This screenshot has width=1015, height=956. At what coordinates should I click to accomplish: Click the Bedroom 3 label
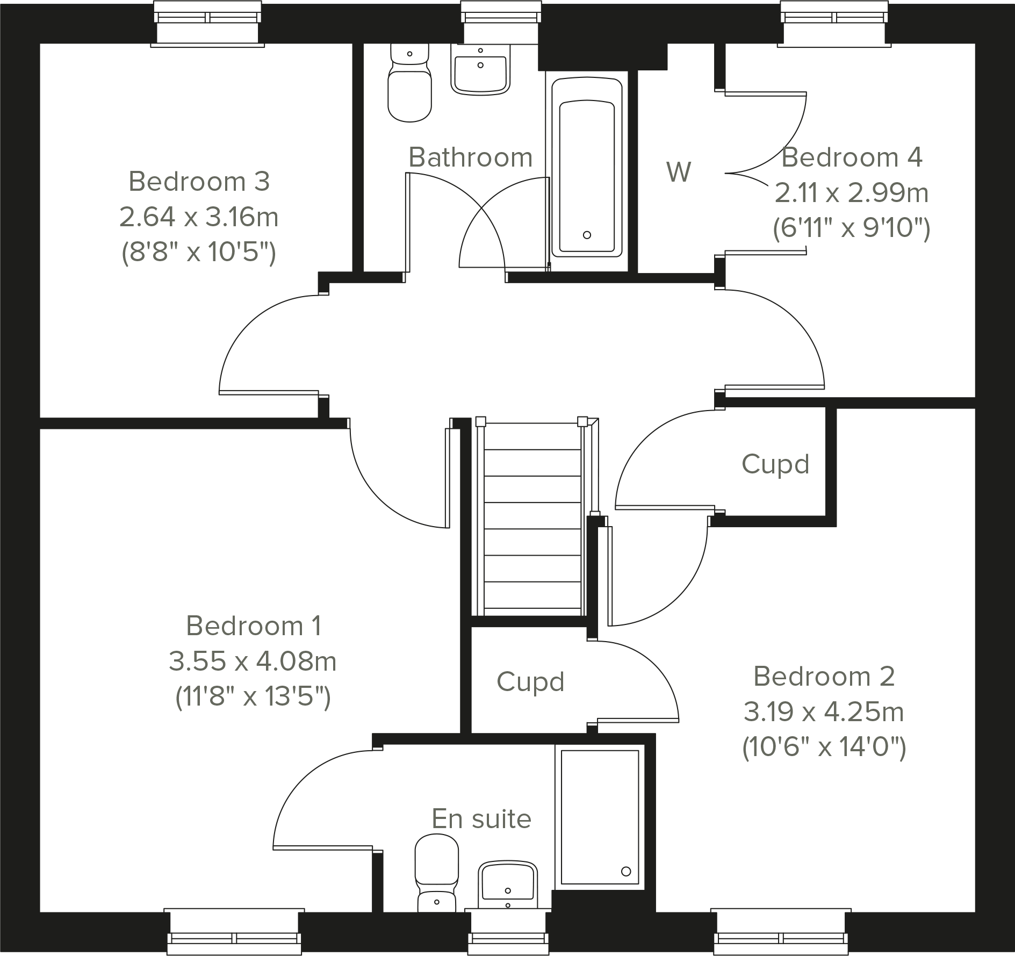coord(199,182)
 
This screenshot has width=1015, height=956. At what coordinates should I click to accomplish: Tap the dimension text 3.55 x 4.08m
coord(253,661)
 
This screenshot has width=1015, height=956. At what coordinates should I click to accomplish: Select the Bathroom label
coord(470,157)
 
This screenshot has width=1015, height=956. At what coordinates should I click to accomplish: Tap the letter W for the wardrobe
coord(679,172)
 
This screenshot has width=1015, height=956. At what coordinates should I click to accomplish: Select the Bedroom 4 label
coord(852,157)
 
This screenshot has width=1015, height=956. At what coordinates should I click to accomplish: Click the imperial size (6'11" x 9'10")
coord(852,228)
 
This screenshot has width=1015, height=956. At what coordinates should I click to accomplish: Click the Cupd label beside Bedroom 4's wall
coord(775,464)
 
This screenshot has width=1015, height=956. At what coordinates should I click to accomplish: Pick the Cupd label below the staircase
coord(530,682)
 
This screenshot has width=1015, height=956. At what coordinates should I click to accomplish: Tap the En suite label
coord(481,819)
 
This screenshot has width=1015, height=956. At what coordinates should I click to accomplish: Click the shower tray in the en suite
coord(600,817)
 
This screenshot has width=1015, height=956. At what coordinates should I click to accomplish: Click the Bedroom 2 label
coord(824,676)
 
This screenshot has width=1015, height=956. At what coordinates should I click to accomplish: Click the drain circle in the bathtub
coord(587,235)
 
